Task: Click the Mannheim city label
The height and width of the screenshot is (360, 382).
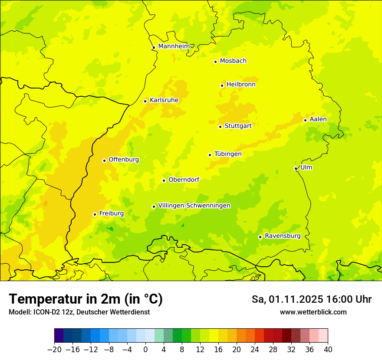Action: [174, 46]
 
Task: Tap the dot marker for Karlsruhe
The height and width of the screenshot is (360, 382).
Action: [145, 101]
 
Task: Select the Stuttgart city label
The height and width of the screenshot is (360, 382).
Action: [238, 126]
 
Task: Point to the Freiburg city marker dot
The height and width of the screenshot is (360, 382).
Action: [95, 214]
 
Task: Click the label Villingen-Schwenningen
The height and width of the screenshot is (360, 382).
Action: [194, 206]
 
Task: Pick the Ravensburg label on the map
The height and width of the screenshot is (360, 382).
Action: [283, 236]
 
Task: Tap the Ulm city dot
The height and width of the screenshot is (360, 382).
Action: [296, 168]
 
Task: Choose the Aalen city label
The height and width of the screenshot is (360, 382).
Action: [318, 119]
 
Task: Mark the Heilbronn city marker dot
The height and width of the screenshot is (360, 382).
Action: [222, 85]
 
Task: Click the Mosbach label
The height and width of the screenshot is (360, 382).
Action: [233, 61]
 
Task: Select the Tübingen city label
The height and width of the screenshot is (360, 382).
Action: [228, 154]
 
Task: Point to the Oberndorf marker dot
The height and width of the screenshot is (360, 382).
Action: [164, 180]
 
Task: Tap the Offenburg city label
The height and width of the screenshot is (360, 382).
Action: [124, 160]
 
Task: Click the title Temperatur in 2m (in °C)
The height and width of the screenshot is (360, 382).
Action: [86, 299]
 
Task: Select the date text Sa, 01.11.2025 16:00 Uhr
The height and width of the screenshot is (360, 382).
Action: [311, 299]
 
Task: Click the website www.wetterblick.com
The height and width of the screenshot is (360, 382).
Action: [313, 312]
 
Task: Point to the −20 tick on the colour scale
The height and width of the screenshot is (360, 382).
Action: [54, 350]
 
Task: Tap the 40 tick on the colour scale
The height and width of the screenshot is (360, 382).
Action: [328, 350]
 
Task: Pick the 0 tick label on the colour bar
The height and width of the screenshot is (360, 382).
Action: [145, 350]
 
